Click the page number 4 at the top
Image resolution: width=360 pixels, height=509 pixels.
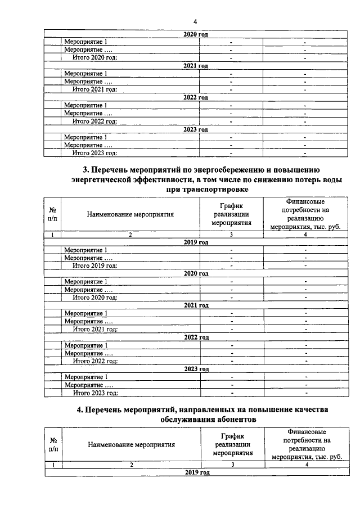pos(195,22)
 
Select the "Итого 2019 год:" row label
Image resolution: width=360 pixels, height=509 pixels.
pos(95,265)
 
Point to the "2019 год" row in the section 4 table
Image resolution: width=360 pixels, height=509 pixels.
pos(196,472)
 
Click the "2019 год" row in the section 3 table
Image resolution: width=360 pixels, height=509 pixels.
pos(196,242)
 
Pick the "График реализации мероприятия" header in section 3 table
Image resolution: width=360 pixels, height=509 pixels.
pos(231,214)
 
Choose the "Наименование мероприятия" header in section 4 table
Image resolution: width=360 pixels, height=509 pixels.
pos(131,444)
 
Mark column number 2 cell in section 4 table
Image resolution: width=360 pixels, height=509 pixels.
pos(131,465)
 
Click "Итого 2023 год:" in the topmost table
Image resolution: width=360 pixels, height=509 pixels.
pos(95,153)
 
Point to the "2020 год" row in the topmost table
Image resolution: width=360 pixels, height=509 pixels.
pos(196,34)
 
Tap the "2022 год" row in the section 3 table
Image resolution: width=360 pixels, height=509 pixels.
pos(196,337)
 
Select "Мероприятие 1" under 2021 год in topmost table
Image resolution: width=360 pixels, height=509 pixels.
pos(85,74)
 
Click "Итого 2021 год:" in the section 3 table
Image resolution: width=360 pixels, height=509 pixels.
pos(95,329)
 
